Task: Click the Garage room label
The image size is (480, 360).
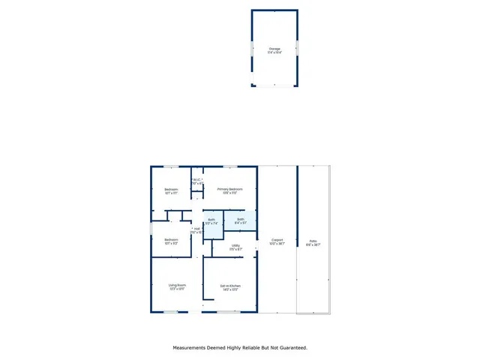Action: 275,50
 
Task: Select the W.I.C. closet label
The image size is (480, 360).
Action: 197,181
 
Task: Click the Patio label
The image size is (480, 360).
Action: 313,242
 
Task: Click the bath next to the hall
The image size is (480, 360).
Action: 211,221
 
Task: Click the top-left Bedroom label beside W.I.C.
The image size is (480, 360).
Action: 171,190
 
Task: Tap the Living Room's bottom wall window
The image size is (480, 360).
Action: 171,312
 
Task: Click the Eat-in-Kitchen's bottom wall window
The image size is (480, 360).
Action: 229,312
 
